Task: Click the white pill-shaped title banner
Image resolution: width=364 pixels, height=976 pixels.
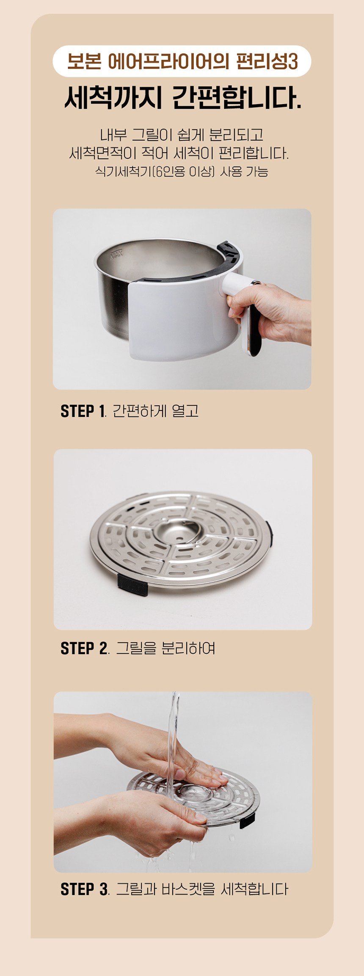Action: (182, 61)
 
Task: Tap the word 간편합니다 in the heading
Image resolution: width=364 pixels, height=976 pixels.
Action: (237, 98)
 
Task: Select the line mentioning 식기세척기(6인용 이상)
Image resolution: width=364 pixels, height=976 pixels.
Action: (182, 172)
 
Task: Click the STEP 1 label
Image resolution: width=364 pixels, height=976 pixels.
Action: (83, 411)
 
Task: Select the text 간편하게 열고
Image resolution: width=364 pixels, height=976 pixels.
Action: (156, 411)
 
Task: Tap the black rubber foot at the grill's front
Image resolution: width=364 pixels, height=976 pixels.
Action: (132, 584)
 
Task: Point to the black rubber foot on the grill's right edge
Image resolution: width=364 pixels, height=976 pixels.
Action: (269, 534)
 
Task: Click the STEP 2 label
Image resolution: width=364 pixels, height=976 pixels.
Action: (83, 648)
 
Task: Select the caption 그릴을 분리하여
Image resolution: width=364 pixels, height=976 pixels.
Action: (166, 648)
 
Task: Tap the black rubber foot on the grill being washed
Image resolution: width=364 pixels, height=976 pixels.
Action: (247, 820)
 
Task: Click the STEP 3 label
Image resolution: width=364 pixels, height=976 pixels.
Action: (84, 889)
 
